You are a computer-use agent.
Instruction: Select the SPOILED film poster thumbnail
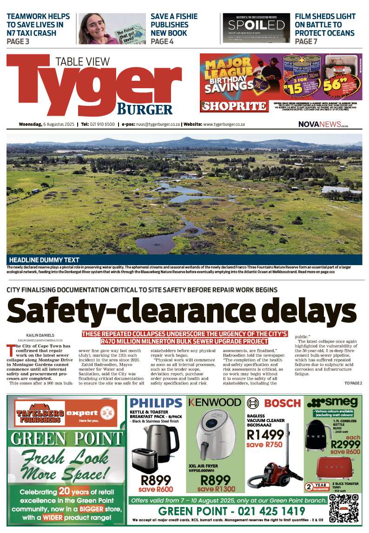coord(253,29)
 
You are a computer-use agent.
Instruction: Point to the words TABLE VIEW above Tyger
coord(82,61)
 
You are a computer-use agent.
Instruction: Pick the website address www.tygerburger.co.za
coord(224,124)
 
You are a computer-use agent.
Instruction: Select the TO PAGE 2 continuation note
coord(353,383)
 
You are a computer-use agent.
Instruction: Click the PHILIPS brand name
coord(156,403)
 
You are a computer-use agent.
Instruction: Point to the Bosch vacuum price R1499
coord(265,435)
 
